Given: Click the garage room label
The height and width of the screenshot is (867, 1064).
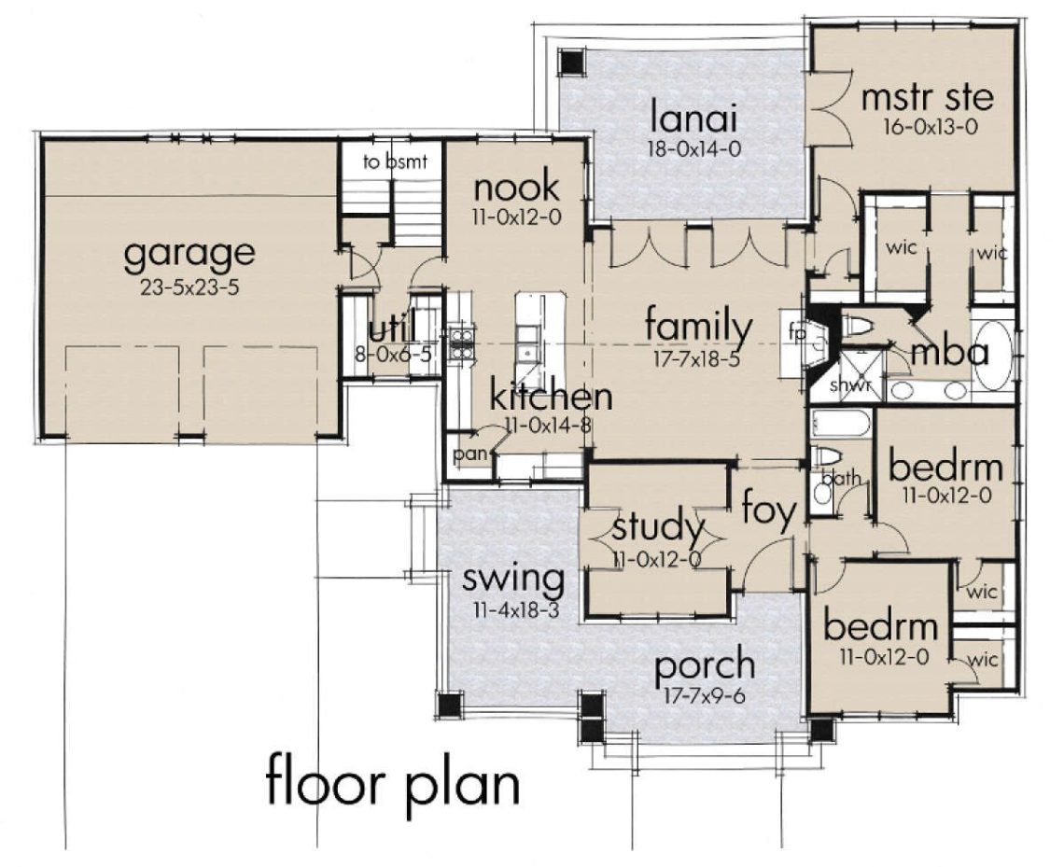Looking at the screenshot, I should tap(189, 254).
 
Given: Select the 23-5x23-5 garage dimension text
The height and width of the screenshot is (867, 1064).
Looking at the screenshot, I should tap(189, 287).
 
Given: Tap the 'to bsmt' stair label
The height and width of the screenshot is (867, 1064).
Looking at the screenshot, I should tap(395, 161).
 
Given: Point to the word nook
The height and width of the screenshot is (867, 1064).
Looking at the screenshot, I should tap(516, 188).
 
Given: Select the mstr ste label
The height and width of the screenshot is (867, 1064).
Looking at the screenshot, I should tap(926, 96).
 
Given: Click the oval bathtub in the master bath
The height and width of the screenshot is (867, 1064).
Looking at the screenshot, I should tap(993, 356).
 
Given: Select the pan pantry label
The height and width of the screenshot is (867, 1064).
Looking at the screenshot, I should tap(466, 454).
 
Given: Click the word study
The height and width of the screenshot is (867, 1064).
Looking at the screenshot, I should tap(658, 528).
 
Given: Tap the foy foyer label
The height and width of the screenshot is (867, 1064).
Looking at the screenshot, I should tap(769, 511).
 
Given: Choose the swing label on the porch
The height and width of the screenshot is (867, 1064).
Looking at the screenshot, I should tap(514, 580).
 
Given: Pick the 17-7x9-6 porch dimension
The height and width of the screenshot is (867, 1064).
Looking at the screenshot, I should tap(705, 696).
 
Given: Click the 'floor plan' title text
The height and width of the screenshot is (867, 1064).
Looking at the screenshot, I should tap(392, 782).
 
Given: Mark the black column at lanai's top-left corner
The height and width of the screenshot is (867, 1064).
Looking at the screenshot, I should tap(570, 62).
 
